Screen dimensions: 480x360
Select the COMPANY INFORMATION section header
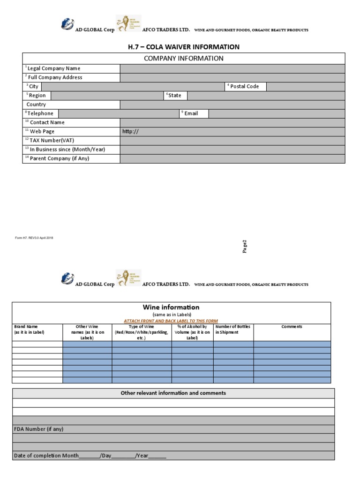(184, 59)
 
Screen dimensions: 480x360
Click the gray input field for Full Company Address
(232, 77)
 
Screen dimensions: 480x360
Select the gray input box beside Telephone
(117, 113)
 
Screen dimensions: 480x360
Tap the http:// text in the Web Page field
(131, 132)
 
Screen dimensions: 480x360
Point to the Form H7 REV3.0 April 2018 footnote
(34, 238)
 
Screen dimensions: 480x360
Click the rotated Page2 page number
(244, 247)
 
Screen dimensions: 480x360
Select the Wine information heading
(171, 307)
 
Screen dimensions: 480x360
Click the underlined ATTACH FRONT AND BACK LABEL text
(171, 321)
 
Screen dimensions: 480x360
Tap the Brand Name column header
(29, 330)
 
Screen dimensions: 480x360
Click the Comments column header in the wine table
(292, 327)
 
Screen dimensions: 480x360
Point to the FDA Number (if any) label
(39, 429)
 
